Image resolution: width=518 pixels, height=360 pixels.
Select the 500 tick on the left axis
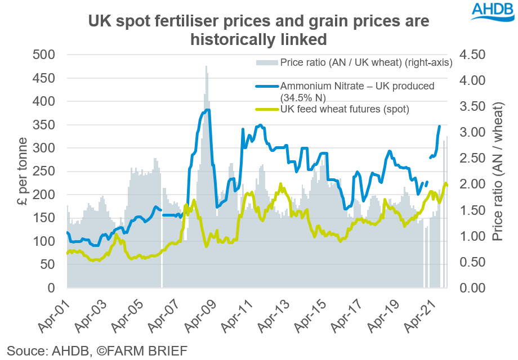(x=43, y=55)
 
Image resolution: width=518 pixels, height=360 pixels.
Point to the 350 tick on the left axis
(x=43, y=125)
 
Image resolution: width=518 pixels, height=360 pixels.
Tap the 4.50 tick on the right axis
(x=480, y=55)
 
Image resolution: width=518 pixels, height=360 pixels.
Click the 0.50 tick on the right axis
(x=480, y=262)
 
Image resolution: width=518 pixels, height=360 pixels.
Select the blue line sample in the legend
(x=267, y=86)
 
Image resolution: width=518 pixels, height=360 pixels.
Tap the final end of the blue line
(x=439, y=126)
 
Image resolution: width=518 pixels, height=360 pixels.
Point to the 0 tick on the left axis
(x=50, y=288)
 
